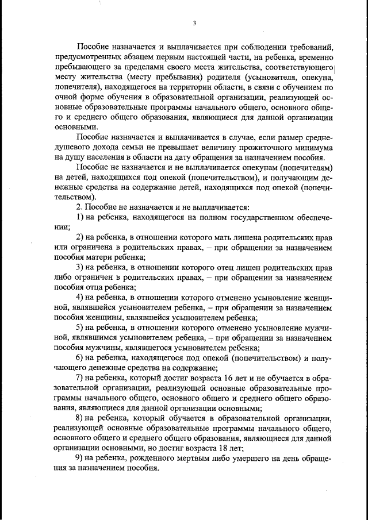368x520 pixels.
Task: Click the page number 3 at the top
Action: coord(194,24)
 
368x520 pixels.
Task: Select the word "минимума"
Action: coord(312,147)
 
